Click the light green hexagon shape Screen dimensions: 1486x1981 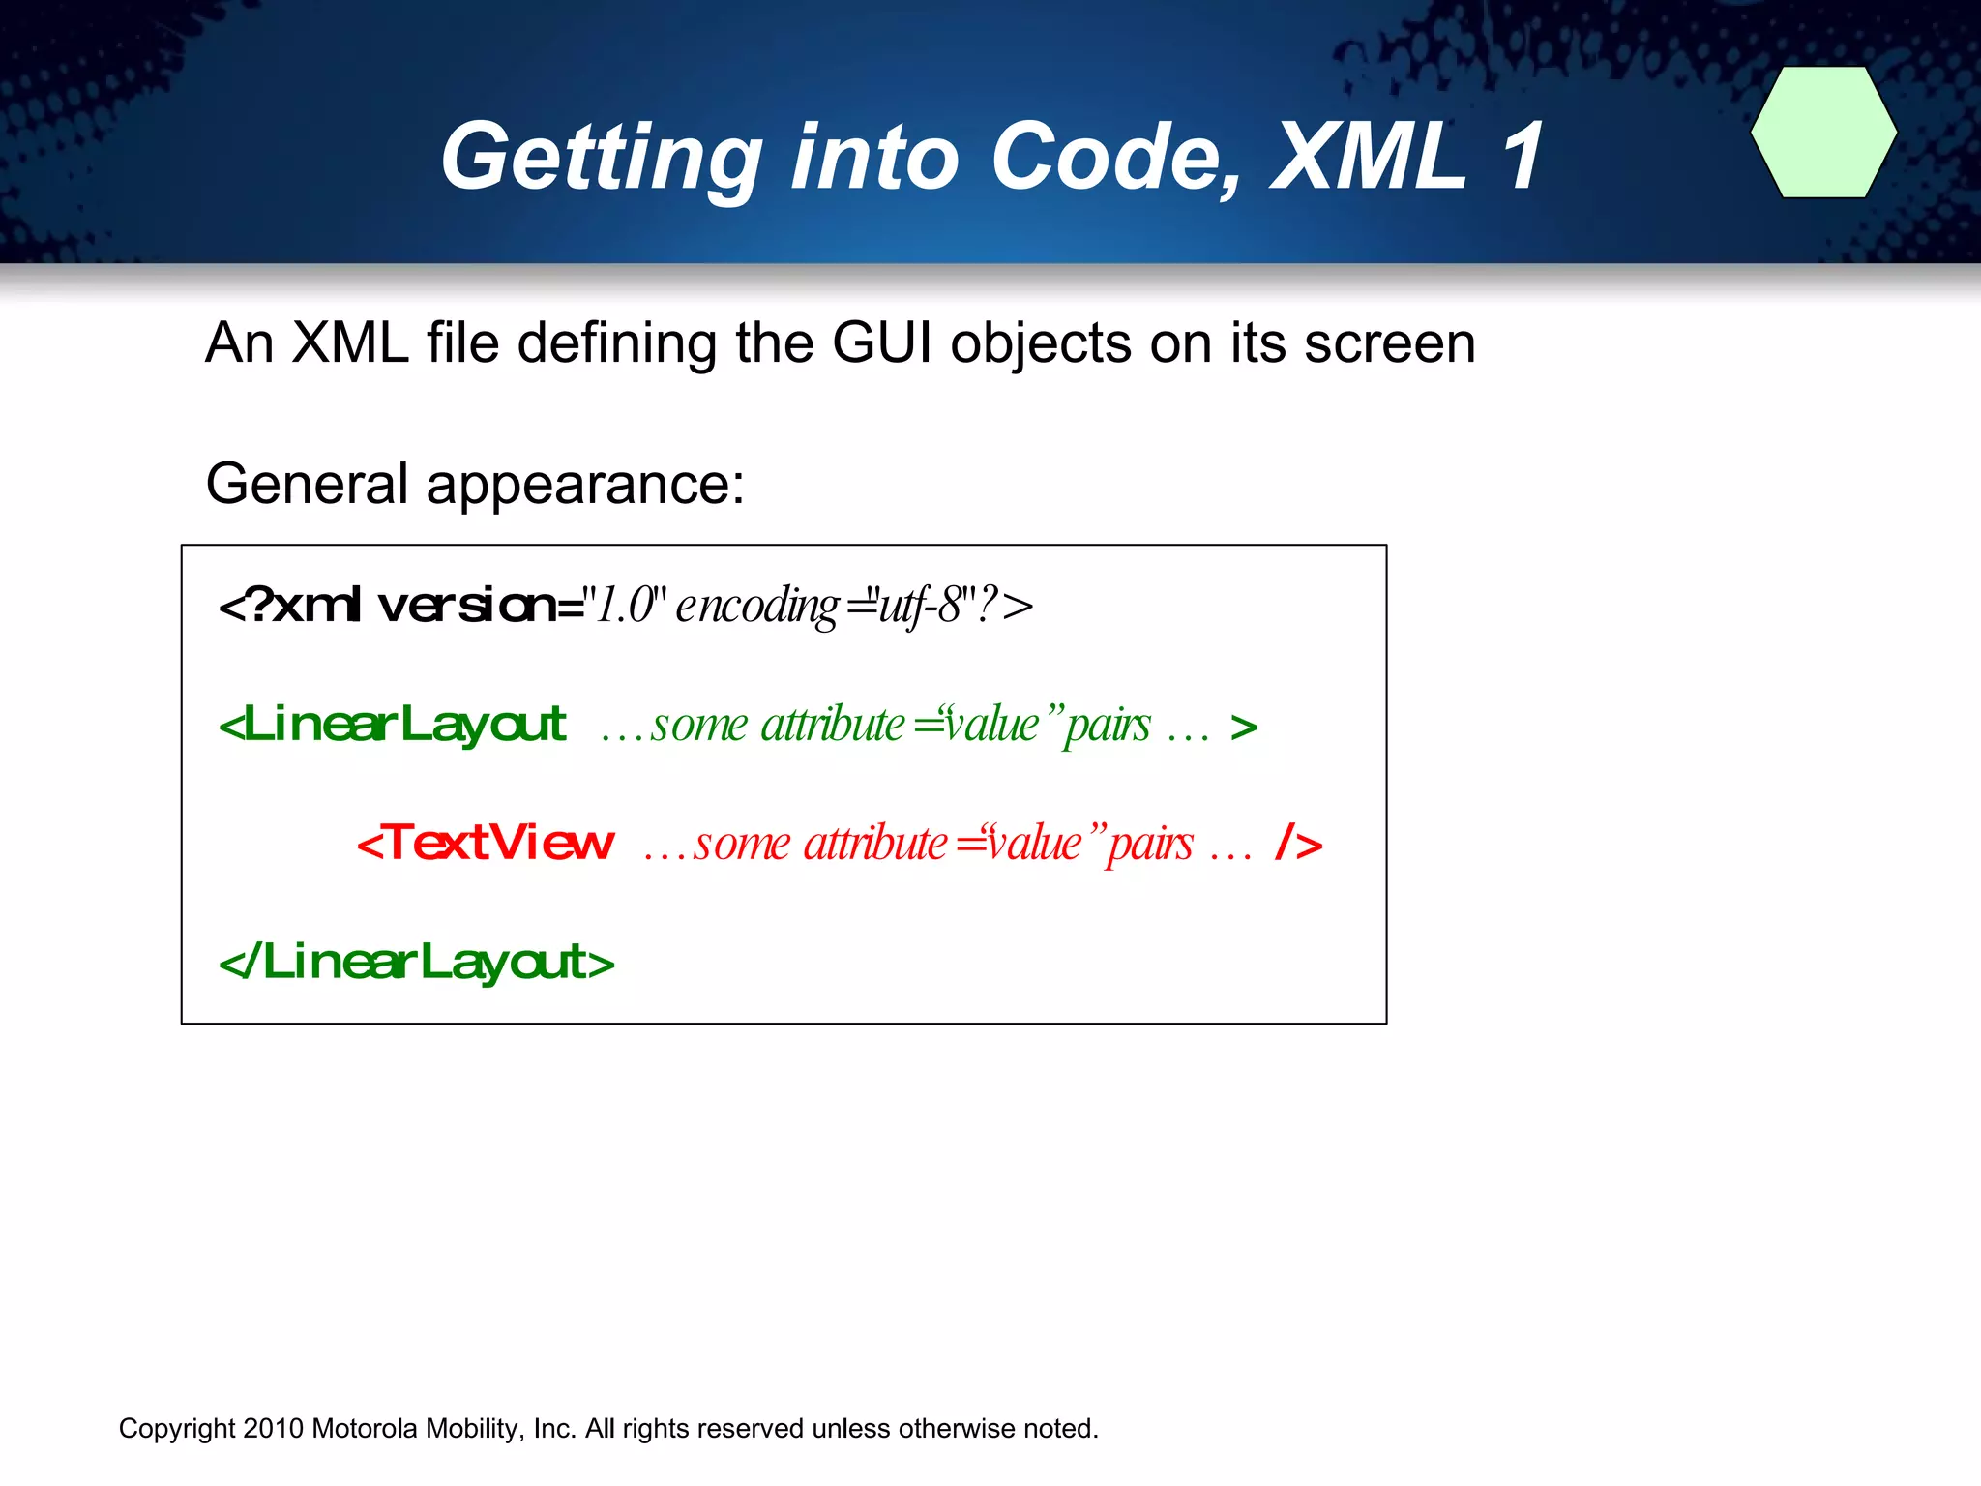[x=1823, y=133]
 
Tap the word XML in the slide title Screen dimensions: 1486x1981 [x=1367, y=157]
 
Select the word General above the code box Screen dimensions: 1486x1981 [x=307, y=484]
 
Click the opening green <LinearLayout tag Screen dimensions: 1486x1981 [x=393, y=725]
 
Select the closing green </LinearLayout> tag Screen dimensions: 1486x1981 [x=417, y=963]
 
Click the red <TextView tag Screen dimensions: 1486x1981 [x=486, y=843]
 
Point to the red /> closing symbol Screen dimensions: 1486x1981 [x=1298, y=844]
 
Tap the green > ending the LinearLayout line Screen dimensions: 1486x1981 [x=1244, y=728]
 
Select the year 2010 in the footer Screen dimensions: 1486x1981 [x=274, y=1429]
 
